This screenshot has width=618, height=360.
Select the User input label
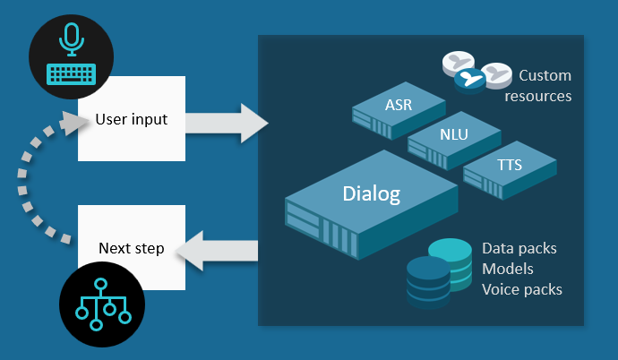(131, 118)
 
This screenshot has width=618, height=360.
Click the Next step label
(130, 248)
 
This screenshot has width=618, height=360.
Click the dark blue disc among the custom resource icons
(467, 80)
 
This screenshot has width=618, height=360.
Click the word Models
(509, 269)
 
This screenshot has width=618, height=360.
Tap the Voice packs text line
(522, 289)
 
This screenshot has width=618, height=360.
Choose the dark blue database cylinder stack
(427, 282)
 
